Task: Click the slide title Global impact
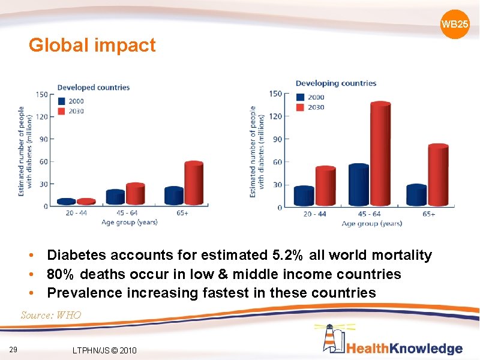[x=92, y=45]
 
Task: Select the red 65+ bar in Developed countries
[x=193, y=184]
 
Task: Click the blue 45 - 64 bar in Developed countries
[x=115, y=197]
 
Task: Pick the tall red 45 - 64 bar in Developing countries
[x=380, y=154]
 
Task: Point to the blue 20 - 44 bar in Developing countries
[x=304, y=196]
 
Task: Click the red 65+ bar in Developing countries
[x=438, y=175]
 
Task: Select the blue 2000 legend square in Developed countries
[x=61, y=101]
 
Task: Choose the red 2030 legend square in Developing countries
[x=300, y=107]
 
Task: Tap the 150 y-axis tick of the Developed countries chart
[x=41, y=94]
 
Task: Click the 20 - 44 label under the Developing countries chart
[x=315, y=214]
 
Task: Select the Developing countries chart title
[x=336, y=83]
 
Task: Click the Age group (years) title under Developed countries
[x=129, y=222]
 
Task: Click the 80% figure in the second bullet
[x=61, y=274]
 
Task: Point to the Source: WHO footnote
[x=50, y=315]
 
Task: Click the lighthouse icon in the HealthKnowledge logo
[x=330, y=339]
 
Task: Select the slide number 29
[x=13, y=350]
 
